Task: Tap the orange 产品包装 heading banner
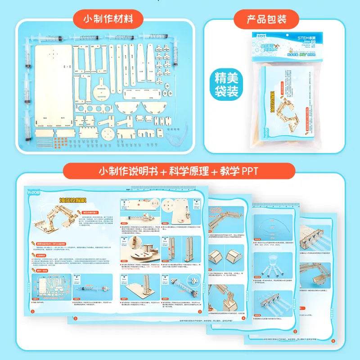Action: click(266, 19)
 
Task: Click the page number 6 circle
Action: click(333, 340)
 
